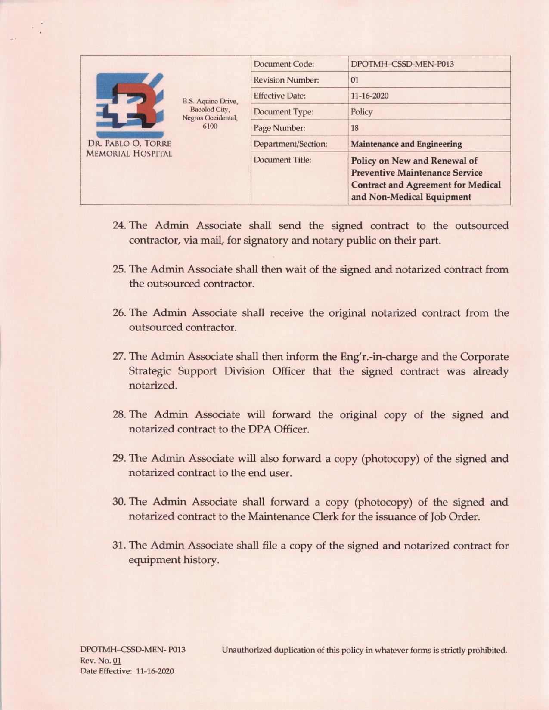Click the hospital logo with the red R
coord(129,105)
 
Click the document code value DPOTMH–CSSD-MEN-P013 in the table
coord(402,64)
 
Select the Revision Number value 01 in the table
coord(355,80)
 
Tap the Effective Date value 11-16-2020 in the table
coord(369,96)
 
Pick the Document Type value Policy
coord(361,112)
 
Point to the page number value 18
coord(355,128)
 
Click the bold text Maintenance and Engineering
coord(406,144)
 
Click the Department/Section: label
coord(290,144)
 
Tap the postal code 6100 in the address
coord(210,126)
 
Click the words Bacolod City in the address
coord(210,109)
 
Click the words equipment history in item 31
coord(174,560)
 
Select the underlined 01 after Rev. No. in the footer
coord(117,661)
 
